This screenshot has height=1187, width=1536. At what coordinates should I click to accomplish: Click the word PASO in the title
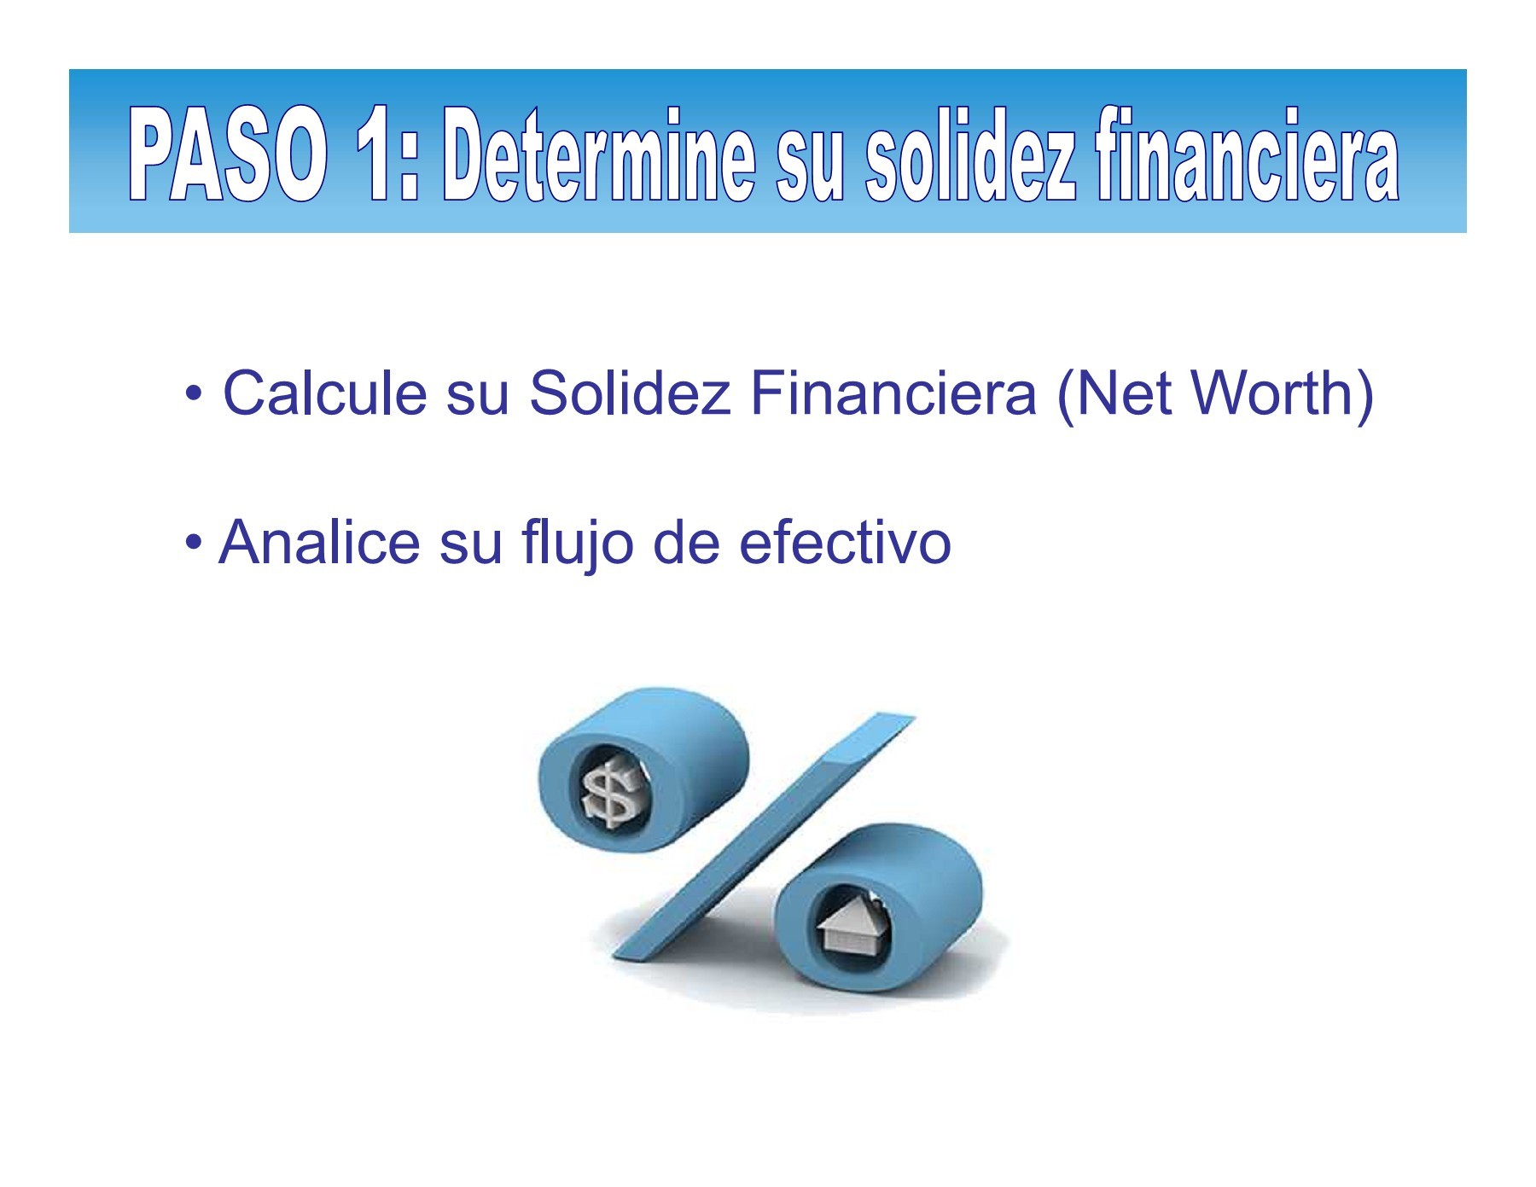(x=228, y=155)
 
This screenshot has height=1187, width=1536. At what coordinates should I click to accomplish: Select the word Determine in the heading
(x=598, y=155)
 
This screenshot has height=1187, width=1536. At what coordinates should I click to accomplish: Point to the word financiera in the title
(x=1247, y=155)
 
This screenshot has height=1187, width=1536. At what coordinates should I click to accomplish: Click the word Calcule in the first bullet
(x=324, y=393)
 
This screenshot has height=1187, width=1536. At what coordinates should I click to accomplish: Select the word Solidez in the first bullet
(x=630, y=393)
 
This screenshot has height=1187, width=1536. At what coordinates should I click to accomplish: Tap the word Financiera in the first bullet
(x=893, y=393)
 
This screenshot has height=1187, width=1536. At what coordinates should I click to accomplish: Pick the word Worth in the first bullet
(x=1271, y=393)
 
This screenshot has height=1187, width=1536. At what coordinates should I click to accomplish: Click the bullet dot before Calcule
(x=194, y=395)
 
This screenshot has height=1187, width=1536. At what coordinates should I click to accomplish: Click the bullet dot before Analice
(x=194, y=543)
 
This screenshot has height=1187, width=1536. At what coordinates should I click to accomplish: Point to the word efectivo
(x=844, y=543)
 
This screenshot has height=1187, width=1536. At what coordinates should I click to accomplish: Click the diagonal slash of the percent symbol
(x=768, y=836)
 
